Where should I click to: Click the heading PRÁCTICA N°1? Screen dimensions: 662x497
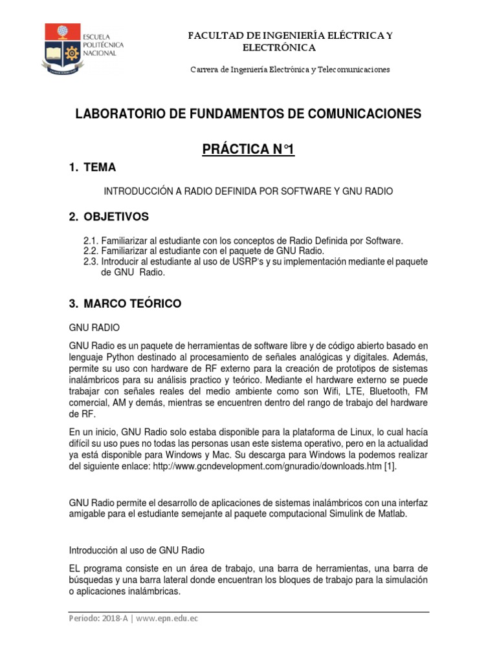point(248,149)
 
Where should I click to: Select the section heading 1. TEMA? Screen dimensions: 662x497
point(93,167)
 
